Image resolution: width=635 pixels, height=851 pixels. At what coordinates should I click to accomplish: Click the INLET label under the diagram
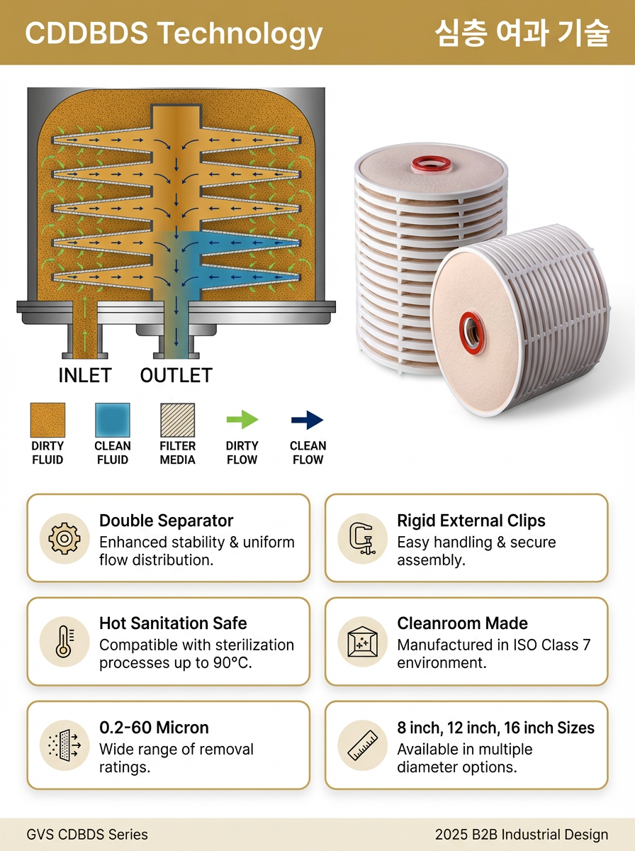[x=85, y=375]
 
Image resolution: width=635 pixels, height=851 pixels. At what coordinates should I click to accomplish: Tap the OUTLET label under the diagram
[x=176, y=375]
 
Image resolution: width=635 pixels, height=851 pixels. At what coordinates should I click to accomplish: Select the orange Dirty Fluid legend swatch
[x=47, y=420]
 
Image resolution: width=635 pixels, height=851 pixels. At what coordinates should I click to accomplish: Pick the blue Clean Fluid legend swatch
[x=113, y=420]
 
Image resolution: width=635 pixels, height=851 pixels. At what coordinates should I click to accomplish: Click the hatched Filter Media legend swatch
[x=177, y=420]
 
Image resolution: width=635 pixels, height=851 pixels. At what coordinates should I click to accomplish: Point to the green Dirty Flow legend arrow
[x=242, y=420]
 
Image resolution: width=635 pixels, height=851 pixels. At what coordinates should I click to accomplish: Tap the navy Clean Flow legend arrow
[x=308, y=420]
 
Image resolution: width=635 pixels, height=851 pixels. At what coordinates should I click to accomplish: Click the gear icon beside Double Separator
[x=64, y=538]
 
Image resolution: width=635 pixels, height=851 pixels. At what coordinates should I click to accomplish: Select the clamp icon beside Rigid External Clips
[x=362, y=538]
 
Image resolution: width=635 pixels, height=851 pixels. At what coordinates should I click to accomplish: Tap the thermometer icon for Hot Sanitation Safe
[x=64, y=642]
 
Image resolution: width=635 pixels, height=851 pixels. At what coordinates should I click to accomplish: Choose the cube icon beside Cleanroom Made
[x=362, y=642]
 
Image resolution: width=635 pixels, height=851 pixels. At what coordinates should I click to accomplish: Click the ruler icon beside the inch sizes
[x=362, y=745]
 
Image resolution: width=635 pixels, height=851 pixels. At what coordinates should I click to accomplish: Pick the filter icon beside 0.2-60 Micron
[x=64, y=745]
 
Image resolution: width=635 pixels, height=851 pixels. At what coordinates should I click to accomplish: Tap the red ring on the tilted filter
[x=471, y=333]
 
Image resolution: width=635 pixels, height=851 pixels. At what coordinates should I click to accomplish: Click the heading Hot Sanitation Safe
[x=173, y=623]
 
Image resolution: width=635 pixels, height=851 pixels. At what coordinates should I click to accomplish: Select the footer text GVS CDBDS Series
[x=87, y=834]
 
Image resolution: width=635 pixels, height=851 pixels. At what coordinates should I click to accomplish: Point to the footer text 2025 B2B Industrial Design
[x=522, y=834]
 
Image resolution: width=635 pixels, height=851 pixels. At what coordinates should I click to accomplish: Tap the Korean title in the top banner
[x=522, y=33]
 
